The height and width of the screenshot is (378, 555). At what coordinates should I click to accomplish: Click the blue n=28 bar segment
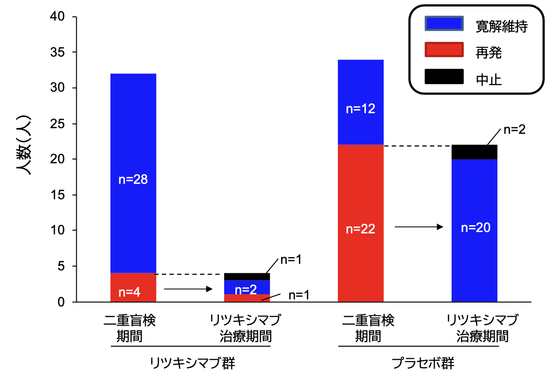point(133,173)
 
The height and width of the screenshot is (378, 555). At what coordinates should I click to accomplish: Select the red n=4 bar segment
point(133,288)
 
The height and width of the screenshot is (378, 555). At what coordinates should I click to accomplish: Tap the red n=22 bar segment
point(360,224)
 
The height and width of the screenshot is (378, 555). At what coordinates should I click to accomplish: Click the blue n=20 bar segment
point(474,231)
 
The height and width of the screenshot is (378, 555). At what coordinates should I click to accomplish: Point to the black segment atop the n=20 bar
point(474,152)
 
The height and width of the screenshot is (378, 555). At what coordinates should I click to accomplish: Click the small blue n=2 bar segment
point(247,288)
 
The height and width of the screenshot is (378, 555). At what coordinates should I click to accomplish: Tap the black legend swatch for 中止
point(444,76)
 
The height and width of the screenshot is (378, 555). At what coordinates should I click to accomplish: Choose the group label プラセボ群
point(423,363)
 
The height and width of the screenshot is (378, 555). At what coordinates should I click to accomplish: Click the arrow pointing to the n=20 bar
point(419,227)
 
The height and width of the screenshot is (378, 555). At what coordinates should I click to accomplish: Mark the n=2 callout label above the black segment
point(514,130)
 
